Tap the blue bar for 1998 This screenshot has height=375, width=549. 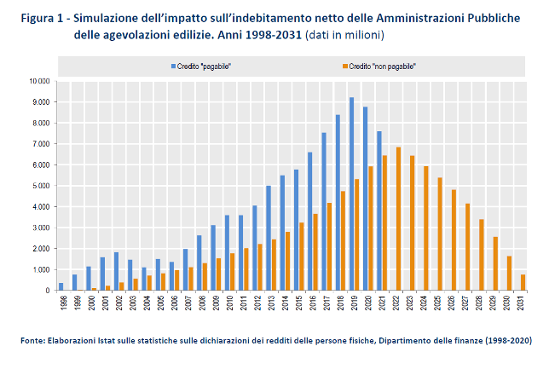click(x=61, y=286)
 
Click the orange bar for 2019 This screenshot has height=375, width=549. click(x=356, y=234)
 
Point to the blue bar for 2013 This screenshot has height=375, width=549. click(x=268, y=238)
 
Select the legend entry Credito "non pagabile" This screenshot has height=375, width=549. click(x=381, y=66)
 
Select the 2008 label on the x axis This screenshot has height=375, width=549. click(x=200, y=303)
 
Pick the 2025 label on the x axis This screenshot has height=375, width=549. click(x=442, y=303)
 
